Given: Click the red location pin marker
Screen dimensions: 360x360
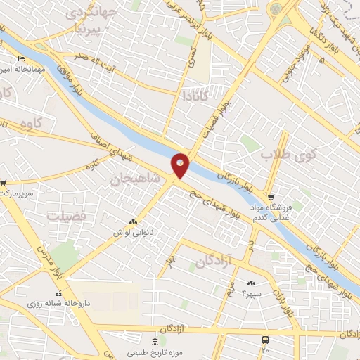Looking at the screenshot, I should pyautogui.click(x=181, y=165).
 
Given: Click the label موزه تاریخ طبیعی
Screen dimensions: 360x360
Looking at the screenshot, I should pyautogui.click(x=145, y=352).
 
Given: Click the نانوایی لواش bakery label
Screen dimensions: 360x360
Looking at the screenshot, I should pyautogui.click(x=132, y=231).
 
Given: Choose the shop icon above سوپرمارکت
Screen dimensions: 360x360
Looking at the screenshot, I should pyautogui.click(x=4, y=184).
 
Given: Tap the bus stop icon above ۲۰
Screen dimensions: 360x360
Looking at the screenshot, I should pyautogui.click(x=264, y=341).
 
